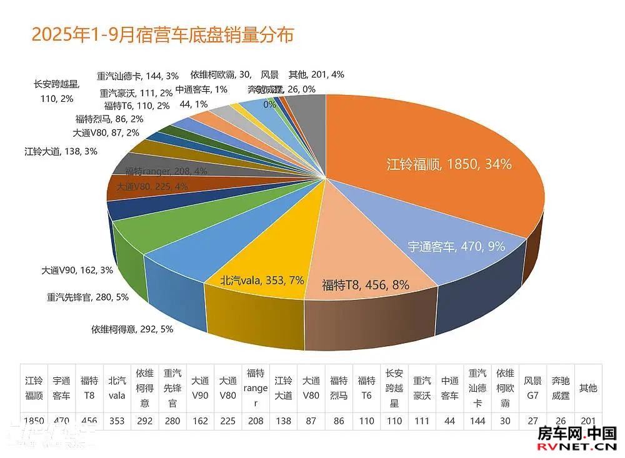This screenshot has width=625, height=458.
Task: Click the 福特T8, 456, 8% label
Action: click(x=366, y=285)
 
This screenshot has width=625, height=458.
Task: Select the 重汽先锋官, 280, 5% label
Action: click(x=87, y=297)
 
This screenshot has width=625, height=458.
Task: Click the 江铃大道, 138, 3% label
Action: click(x=61, y=151)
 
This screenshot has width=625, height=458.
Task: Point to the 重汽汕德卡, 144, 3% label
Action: click(x=137, y=76)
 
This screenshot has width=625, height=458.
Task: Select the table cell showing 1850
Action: click(x=34, y=421)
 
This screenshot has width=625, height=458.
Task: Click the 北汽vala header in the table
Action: click(x=117, y=387)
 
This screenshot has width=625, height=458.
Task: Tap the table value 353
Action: click(x=117, y=421)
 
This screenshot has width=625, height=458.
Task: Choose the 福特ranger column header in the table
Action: click(x=256, y=387)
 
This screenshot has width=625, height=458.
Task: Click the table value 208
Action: click(x=256, y=421)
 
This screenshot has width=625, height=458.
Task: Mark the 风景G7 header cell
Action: click(x=532, y=387)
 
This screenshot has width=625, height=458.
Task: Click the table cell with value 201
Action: click(x=587, y=421)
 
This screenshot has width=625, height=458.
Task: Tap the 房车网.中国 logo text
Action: click(x=577, y=434)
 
